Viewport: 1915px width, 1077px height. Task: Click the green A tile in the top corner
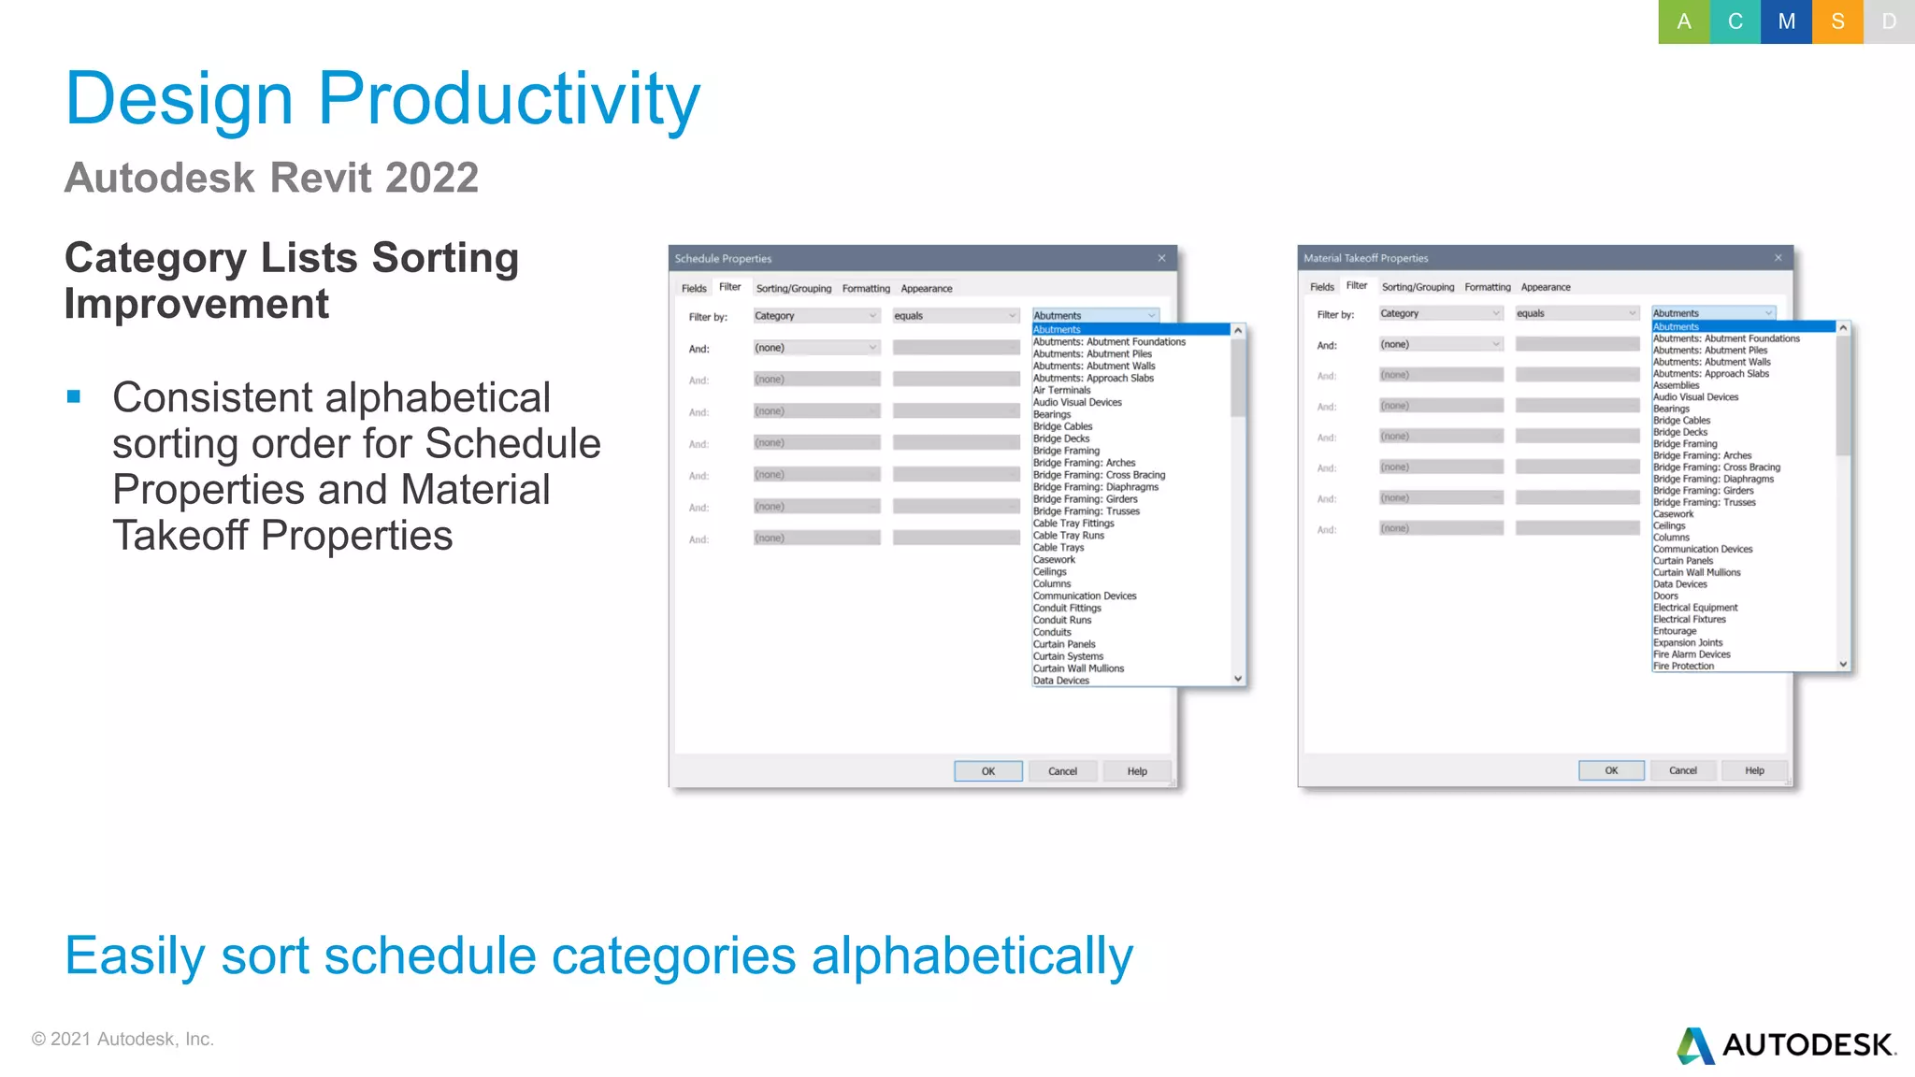1683,22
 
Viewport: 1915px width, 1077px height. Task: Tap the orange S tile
1837,22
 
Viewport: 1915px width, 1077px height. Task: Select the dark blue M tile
1786,22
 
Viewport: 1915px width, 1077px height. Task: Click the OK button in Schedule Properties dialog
987,771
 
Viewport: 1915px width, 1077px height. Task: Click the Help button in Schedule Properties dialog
1136,771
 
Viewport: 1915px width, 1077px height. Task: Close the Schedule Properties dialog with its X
1161,258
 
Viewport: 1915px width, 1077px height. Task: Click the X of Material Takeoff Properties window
1778,257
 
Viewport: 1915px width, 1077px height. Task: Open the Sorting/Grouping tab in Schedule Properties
793,289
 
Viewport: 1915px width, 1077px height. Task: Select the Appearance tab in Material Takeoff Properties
1545,287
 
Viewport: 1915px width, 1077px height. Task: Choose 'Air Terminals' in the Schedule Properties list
1061,391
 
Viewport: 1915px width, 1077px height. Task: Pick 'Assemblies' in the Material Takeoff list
1676,385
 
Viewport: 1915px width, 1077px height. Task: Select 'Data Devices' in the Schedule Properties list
1060,681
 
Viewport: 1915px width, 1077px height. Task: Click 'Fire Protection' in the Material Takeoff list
1683,667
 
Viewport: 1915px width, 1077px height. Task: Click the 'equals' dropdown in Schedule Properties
955,316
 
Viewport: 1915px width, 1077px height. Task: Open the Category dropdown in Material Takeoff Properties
1440,314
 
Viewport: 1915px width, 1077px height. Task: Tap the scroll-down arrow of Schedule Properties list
1238,679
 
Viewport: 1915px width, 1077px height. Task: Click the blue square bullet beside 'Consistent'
74,397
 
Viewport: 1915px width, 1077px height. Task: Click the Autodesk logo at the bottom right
1786,1045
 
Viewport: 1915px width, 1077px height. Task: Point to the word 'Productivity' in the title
509,98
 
